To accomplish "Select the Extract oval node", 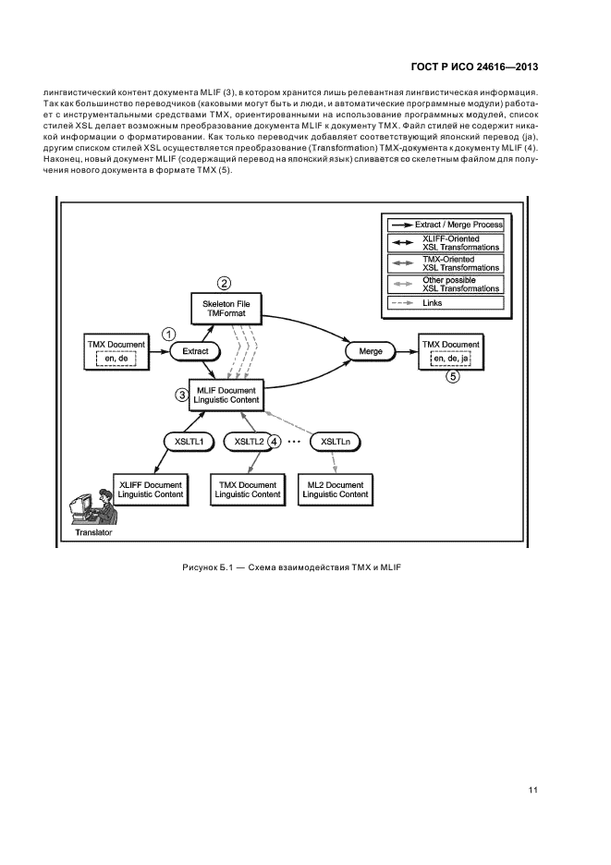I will [x=195, y=352].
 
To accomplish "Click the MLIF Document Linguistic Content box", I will [x=226, y=395].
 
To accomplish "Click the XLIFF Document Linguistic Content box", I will [x=151, y=489].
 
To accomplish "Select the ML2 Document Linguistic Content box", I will [x=335, y=489].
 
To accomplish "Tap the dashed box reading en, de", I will [x=116, y=359].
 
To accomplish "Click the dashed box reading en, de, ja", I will [x=451, y=359].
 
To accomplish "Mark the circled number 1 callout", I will [x=167, y=333].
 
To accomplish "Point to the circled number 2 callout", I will [x=224, y=283].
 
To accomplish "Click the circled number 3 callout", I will [x=182, y=394].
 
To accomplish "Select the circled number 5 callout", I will [x=452, y=377].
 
